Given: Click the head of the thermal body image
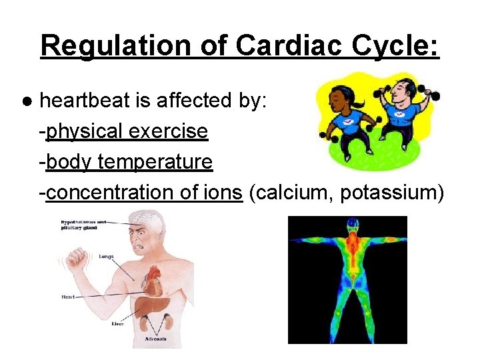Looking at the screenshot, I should coord(347,227).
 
